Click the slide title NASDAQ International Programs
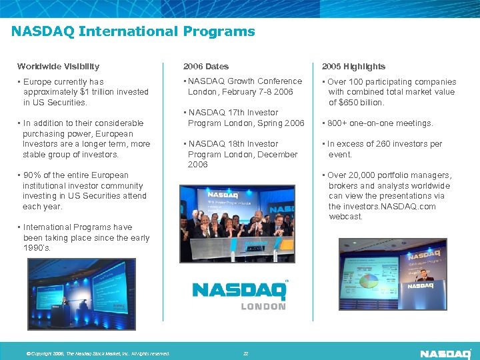pyautogui.click(x=133, y=31)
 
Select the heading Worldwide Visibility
pyautogui.click(x=58, y=66)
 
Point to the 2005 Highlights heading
pyautogui.click(x=353, y=66)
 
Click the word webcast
pyautogui.click(x=345, y=217)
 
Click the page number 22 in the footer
pyautogui.click(x=245, y=353)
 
